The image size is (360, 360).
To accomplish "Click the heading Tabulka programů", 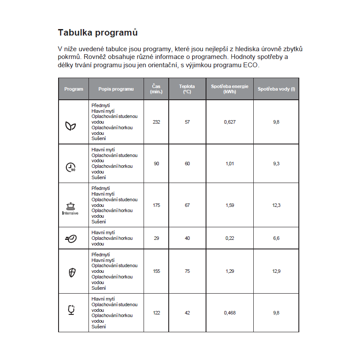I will coord(98,33).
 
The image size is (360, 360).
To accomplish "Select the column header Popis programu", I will coord(116,89).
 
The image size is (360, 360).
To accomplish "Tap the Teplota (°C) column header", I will coord(187,89).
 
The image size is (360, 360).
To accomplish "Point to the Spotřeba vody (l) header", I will coord(276,89).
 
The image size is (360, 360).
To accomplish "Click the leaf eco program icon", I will coord(71,125).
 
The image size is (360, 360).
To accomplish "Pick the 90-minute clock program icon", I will coord(71,167).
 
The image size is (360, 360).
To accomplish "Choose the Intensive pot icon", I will coord(70,208).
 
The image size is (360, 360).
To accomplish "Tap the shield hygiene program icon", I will coord(72,272).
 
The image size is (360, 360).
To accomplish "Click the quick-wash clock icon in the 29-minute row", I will coord(71,239).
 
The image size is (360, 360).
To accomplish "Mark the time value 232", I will coord(157,122).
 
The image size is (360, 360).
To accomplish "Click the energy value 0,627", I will coord(230,122).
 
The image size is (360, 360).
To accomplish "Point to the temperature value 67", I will coord(187,205).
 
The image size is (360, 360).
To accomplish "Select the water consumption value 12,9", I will coord(276,271).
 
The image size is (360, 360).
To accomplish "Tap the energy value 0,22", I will coord(230,238).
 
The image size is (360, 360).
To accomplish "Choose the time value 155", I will coord(157,271).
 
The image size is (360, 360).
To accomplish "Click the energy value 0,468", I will coord(230,312).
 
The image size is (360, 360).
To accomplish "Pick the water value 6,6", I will coord(276,238).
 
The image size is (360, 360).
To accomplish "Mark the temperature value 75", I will coord(187,271).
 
